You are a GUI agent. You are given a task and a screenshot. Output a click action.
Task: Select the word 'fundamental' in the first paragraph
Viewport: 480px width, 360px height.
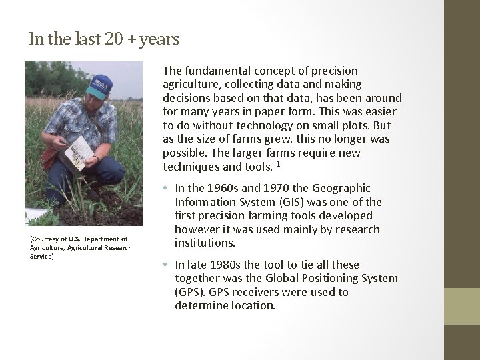(213, 71)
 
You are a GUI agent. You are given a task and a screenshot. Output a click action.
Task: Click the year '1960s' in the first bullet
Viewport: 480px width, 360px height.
(221, 189)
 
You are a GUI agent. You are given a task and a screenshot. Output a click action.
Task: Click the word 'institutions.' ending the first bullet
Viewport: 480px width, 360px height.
(205, 243)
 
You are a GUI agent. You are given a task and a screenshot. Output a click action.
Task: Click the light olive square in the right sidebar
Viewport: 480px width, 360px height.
(462, 307)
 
